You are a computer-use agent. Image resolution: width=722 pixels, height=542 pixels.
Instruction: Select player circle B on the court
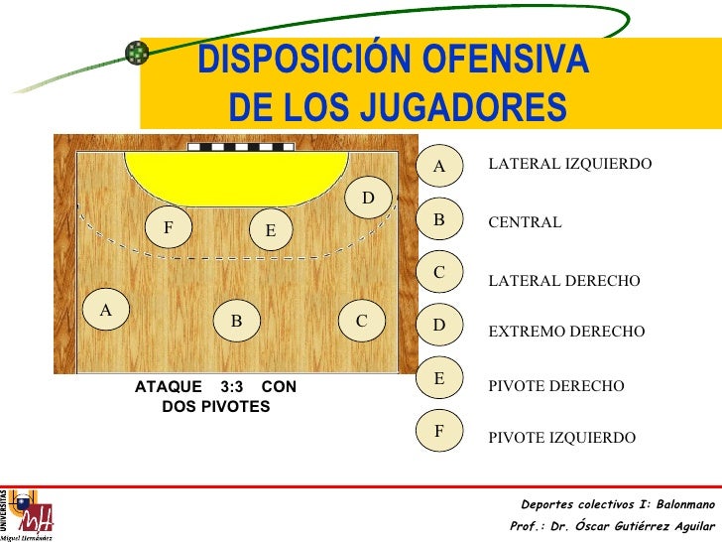[x=236, y=322]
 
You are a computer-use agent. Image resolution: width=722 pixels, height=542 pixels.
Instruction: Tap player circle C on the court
[x=362, y=321]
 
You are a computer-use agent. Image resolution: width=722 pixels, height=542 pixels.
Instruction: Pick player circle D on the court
[x=368, y=200]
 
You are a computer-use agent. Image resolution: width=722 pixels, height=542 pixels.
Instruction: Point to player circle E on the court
[x=270, y=230]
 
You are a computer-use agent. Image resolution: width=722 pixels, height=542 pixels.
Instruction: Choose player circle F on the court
[x=169, y=227]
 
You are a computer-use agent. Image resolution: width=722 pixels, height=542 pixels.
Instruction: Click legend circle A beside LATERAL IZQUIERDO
[x=440, y=168]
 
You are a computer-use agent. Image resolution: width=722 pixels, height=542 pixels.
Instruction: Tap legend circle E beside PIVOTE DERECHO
[x=440, y=378]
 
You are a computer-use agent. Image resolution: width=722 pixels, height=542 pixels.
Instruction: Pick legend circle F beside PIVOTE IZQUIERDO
[x=440, y=432]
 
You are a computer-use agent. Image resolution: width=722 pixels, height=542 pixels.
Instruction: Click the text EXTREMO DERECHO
[x=566, y=332]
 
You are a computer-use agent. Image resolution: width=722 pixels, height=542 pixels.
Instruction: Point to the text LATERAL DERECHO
[x=564, y=282]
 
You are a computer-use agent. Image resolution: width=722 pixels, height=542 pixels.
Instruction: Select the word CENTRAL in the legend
[x=525, y=222]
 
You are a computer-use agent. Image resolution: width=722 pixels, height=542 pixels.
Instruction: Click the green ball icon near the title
[x=136, y=53]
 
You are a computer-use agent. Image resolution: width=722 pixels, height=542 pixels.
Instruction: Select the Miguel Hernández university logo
[x=27, y=514]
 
